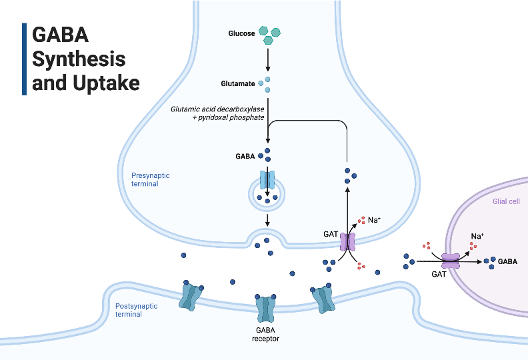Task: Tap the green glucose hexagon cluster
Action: [269, 35]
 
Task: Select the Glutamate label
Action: [237, 84]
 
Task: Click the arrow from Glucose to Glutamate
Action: [267, 60]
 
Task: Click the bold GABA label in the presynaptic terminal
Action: [245, 156]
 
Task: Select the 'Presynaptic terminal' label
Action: [150, 179]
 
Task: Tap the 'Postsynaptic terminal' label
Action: [137, 310]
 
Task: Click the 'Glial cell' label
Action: [505, 201]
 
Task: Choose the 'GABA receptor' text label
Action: [266, 333]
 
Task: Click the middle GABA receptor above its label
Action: [266, 308]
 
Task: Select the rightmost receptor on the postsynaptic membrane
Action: [325, 299]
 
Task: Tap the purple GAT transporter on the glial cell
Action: [451, 261]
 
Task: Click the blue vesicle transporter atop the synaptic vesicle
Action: [267, 180]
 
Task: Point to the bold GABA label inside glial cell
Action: [507, 262]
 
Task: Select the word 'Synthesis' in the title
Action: [79, 59]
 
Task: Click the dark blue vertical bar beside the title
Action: [25, 59]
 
